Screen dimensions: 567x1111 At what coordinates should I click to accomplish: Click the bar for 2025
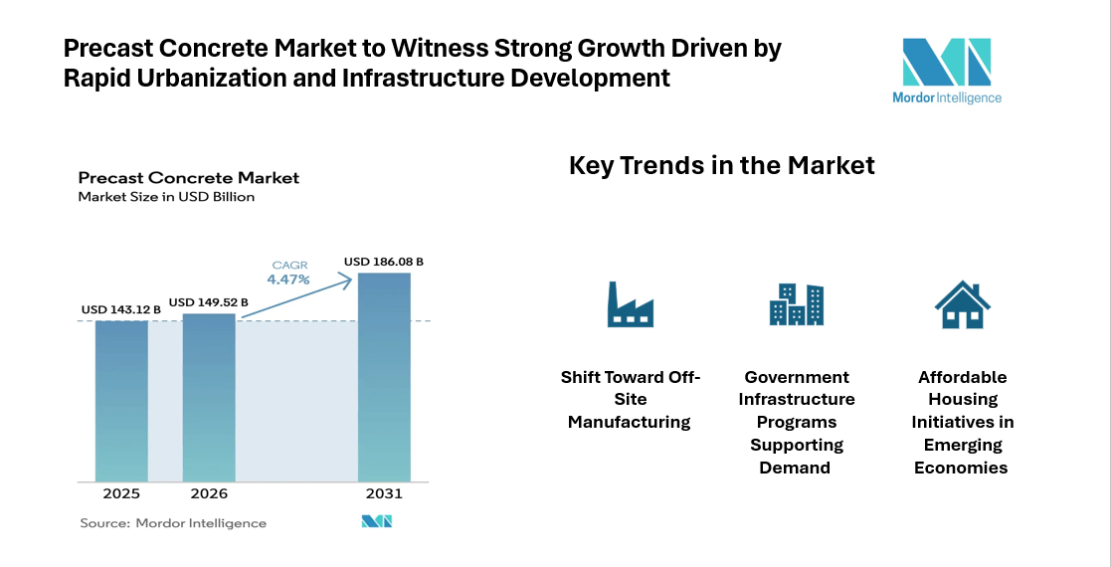coord(121,401)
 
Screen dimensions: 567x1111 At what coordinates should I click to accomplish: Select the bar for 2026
coord(209,398)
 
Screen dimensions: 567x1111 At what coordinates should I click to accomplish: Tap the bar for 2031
coord(384,377)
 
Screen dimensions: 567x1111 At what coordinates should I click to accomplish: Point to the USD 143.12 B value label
coord(121,309)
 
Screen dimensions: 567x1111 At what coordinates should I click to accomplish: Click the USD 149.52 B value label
coord(209,302)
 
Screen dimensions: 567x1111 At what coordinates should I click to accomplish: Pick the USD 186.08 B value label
coord(384,262)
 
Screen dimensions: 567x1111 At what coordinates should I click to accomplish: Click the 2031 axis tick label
coord(384,494)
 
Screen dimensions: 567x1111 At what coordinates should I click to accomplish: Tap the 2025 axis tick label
coord(121,494)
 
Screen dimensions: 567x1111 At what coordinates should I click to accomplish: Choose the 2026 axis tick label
coord(209,494)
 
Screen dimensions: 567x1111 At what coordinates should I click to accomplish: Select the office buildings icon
coord(796,304)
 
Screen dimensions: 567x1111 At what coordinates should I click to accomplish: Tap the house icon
coord(962,304)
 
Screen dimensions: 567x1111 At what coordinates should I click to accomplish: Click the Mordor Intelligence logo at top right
coord(946,70)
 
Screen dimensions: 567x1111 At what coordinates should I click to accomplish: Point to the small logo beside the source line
coord(376,522)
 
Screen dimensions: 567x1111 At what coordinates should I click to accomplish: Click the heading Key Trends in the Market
coord(721,165)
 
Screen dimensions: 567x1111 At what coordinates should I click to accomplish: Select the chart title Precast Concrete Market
coord(189,178)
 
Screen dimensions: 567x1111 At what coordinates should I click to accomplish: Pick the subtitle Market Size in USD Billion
coord(166,197)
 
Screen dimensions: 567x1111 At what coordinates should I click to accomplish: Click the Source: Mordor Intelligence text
coord(172,523)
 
